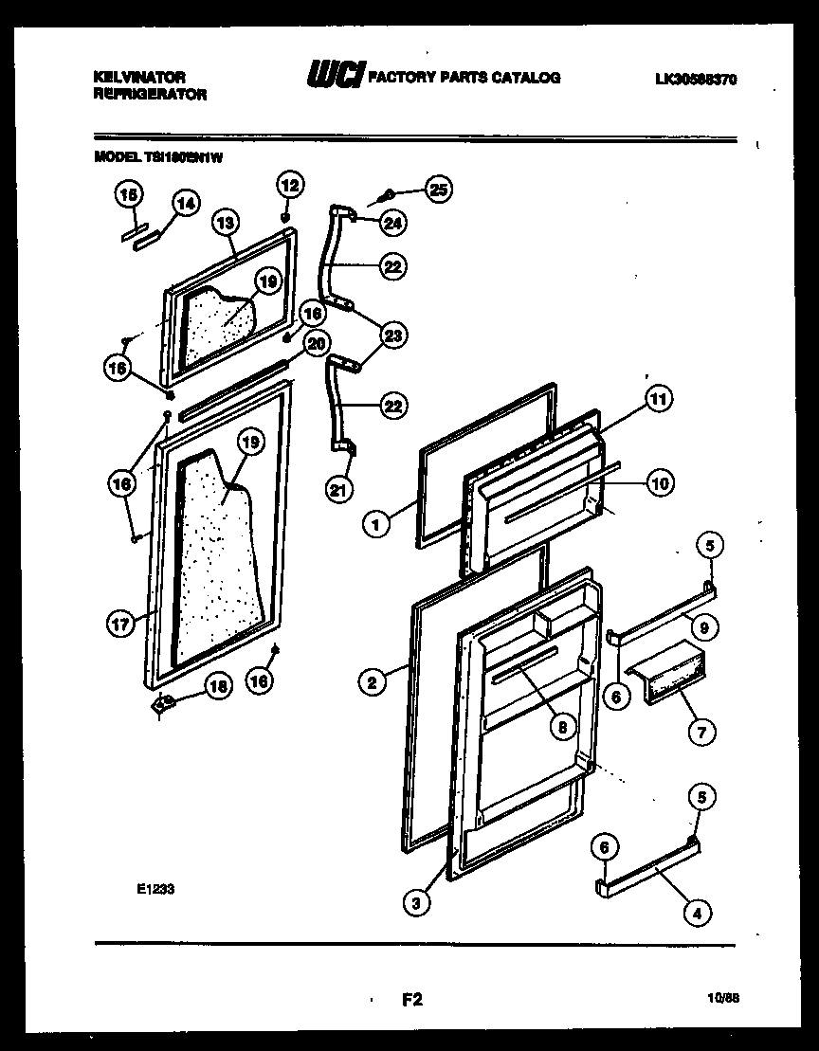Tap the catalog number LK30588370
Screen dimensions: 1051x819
[695, 80]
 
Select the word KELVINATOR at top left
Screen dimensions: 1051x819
[139, 76]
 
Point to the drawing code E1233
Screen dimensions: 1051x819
[155, 889]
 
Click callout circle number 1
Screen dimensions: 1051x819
[376, 521]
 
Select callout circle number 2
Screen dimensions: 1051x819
[373, 679]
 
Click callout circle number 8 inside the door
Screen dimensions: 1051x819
[564, 727]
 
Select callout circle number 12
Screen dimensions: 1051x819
[289, 185]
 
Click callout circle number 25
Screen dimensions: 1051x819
[437, 190]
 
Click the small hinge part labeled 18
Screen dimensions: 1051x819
[163, 703]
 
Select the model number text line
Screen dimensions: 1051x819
[158, 159]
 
